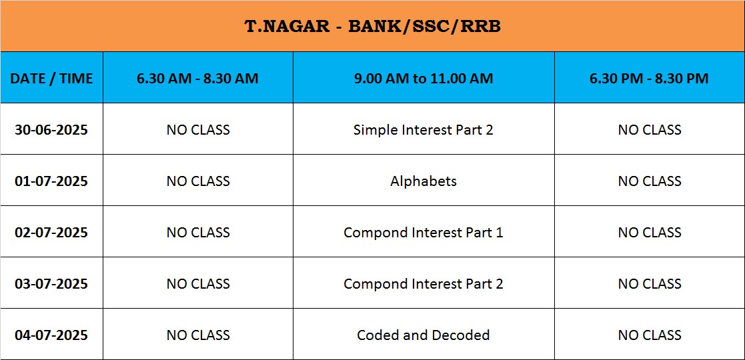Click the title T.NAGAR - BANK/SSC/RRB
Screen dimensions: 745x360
[372, 26]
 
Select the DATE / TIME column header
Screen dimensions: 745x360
[51, 79]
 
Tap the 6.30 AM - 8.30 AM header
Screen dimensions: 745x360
[197, 79]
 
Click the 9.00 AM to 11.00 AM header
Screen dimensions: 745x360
[424, 79]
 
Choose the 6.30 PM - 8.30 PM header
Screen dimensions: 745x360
[649, 79]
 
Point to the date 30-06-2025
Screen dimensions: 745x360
[51, 129]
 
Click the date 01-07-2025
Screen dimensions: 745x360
[51, 181]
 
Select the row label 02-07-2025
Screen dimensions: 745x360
[51, 232]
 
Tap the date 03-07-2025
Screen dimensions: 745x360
[51, 283]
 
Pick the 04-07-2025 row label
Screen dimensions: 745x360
[51, 335]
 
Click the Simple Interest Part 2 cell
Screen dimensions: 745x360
[424, 129]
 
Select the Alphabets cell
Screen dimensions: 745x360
[424, 181]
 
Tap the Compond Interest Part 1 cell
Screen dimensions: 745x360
[424, 232]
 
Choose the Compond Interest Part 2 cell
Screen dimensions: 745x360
[424, 283]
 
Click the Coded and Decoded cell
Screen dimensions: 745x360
[424, 335]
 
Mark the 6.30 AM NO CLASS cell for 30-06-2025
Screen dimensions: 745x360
[198, 129]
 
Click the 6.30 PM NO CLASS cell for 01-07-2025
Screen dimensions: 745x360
[650, 181]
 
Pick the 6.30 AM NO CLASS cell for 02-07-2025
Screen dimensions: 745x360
[198, 232]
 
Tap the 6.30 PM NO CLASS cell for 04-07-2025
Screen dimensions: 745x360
[650, 335]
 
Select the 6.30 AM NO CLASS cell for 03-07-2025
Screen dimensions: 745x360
[198, 283]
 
